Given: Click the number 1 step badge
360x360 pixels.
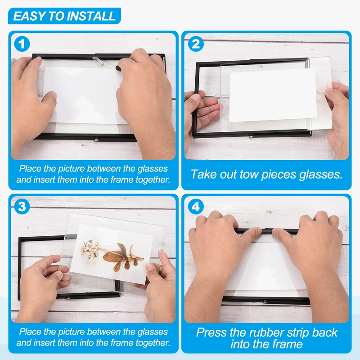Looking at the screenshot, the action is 22,44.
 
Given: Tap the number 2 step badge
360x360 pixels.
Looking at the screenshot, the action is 196,44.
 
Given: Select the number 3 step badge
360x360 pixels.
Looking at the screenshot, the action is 22,207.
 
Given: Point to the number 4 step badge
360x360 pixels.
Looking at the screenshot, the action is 196,207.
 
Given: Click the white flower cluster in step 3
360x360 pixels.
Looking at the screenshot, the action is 90,249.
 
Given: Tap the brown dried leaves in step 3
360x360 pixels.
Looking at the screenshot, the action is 123,256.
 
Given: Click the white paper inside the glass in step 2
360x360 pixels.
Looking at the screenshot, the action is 273,95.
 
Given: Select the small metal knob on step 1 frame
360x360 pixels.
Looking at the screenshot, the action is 96,139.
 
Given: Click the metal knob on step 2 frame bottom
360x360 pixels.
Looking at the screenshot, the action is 251,136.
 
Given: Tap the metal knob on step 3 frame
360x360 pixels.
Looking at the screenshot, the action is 68,298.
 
